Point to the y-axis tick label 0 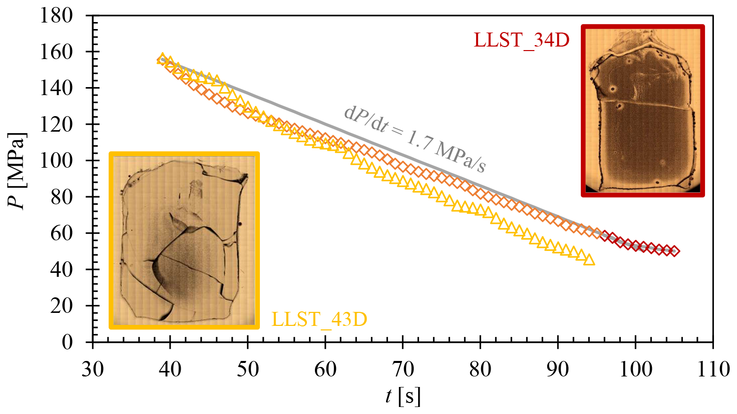67,342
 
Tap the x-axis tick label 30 93,369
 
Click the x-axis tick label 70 403,369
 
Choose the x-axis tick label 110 712,369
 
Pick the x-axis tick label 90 558,369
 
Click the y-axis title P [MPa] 19,171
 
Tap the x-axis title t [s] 403,396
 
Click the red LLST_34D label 521,40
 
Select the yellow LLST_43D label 319,319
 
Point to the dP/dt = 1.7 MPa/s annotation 415,139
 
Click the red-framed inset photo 643,111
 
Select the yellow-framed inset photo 184,240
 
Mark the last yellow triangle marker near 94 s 589,259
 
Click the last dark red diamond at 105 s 674,251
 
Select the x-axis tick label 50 248,369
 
